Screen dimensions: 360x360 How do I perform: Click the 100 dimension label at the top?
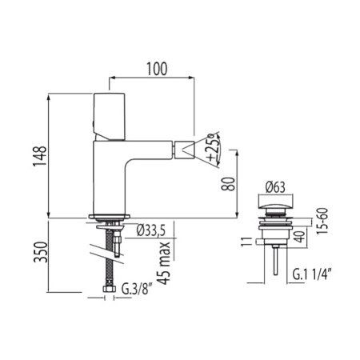(157, 69)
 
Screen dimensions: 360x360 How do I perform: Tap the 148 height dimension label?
(40, 156)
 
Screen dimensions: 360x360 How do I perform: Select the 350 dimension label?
(41, 252)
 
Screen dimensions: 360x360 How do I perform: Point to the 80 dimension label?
(228, 184)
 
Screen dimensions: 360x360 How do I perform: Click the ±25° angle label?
(214, 148)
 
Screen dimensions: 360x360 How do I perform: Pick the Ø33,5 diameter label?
(150, 230)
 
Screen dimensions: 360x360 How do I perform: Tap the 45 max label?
(163, 263)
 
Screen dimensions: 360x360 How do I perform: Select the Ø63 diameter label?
(275, 187)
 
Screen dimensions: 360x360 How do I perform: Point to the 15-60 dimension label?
(322, 221)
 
